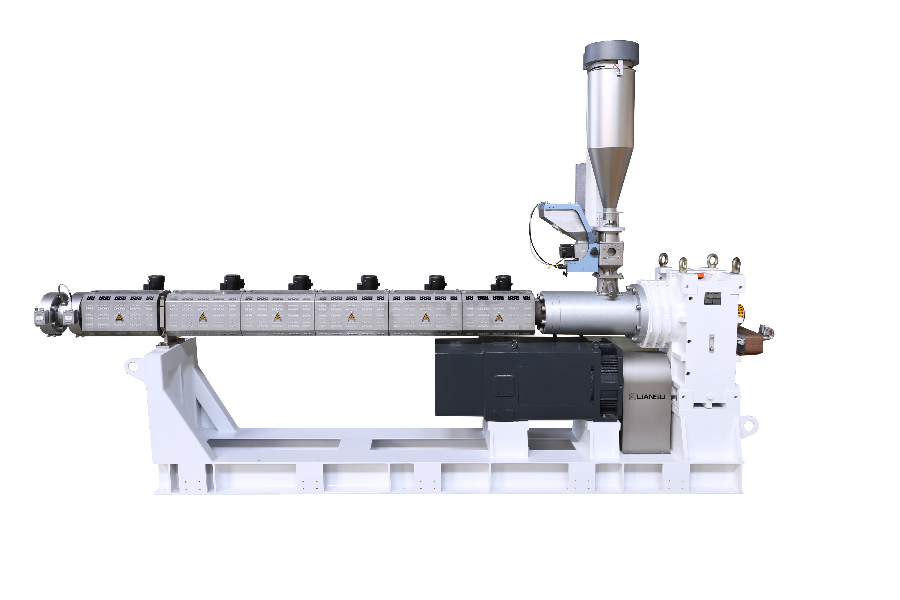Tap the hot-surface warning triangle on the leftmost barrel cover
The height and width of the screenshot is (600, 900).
coord(119,317)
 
